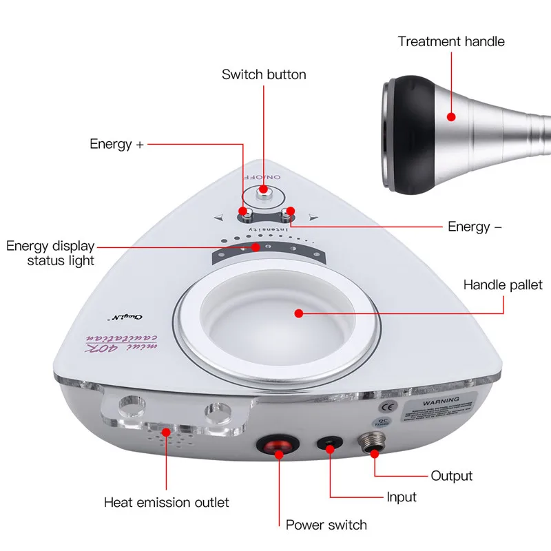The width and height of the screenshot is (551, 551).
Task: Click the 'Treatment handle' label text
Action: click(451, 41)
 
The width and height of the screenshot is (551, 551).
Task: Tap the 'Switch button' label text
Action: click(264, 74)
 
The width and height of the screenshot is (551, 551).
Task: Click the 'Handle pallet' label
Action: click(503, 284)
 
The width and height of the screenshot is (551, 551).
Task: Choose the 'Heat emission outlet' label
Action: click(166, 502)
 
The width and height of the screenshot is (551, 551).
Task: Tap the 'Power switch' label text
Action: click(326, 526)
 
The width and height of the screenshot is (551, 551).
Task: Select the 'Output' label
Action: click(452, 476)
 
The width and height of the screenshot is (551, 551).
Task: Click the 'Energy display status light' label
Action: click(51, 253)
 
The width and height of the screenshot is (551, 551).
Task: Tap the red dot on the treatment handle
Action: click(451, 116)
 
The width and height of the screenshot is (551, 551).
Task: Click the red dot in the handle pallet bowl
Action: click(298, 313)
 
